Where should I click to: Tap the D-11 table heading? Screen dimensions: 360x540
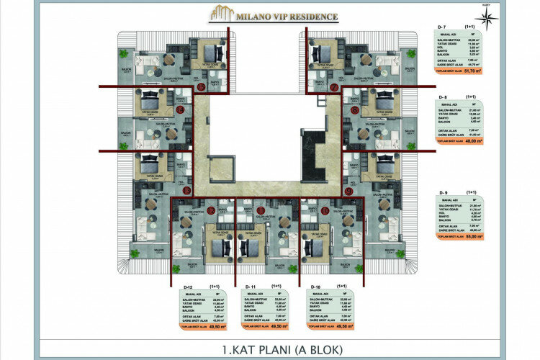(251, 287)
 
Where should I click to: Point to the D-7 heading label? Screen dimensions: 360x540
(442, 27)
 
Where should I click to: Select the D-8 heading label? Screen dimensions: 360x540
(442, 96)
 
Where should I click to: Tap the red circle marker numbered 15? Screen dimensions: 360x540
(181, 109)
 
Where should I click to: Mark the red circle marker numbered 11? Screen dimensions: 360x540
(260, 211)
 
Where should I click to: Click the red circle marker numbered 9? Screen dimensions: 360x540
(348, 192)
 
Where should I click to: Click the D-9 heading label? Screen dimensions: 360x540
(442, 192)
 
